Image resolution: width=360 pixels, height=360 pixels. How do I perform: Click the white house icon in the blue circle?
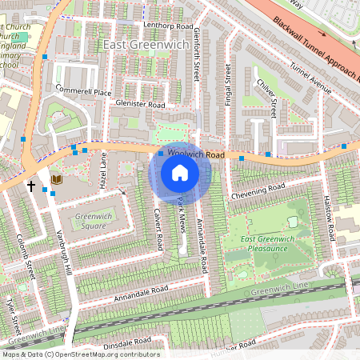click(x=180, y=171)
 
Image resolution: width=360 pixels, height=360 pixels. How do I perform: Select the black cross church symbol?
click(x=31, y=186)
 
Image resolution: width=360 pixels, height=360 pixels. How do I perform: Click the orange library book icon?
click(x=56, y=179)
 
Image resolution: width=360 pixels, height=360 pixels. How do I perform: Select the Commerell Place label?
click(x=84, y=93)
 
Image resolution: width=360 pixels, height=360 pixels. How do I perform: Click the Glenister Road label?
click(x=139, y=105)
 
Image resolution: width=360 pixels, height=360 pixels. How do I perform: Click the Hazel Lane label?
click(x=102, y=171)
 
